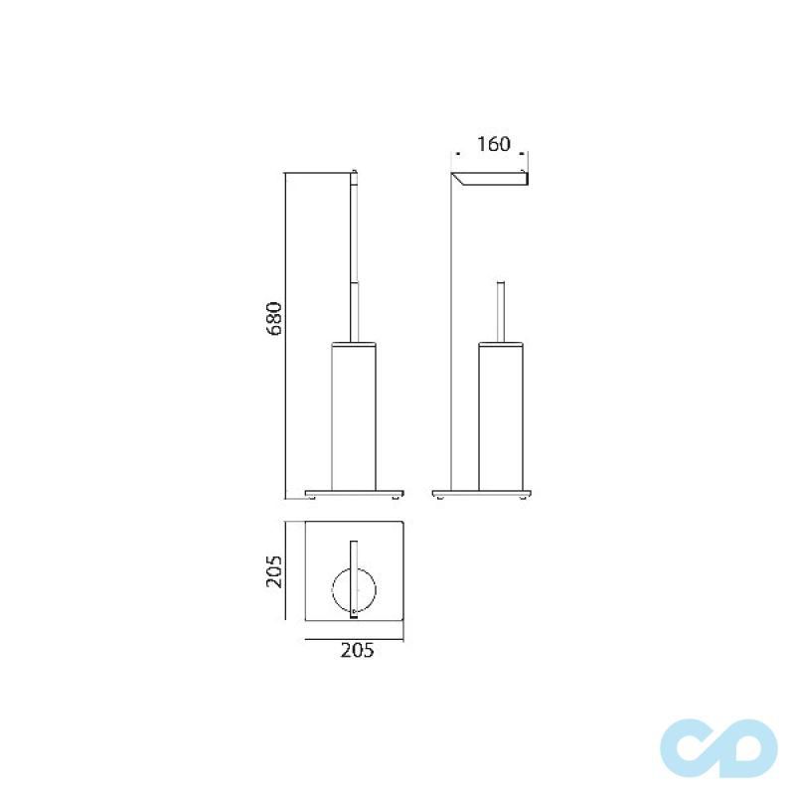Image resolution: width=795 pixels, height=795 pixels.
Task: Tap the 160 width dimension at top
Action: [494, 144]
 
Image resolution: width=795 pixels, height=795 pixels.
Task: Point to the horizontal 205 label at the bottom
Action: [357, 652]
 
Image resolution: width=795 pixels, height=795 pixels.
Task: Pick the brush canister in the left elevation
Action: [356, 417]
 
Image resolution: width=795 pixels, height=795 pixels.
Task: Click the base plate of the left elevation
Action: [356, 492]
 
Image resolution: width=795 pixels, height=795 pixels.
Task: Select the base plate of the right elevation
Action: [484, 492]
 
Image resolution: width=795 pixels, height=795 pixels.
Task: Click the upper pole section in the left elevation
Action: [354, 229]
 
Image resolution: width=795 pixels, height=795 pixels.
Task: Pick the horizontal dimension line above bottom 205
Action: [355, 635]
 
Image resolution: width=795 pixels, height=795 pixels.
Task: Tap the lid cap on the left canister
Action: [356, 343]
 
